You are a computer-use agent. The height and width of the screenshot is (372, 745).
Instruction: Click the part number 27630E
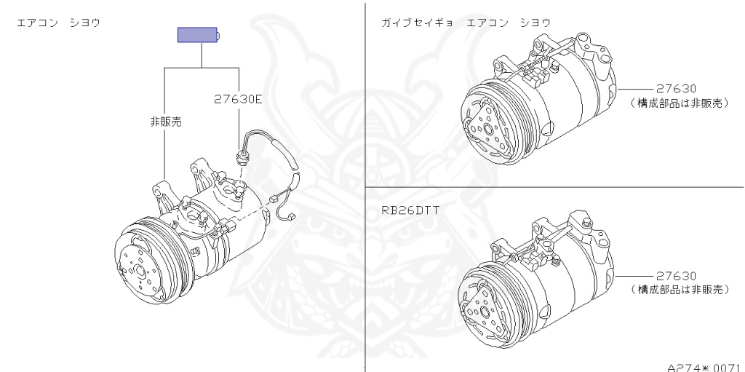[x=237, y=99]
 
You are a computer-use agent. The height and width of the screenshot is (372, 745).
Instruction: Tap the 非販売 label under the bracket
[x=165, y=122]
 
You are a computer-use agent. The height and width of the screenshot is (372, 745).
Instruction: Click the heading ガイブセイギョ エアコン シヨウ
[x=466, y=23]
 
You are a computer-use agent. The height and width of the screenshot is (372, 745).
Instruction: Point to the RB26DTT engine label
[x=410, y=210]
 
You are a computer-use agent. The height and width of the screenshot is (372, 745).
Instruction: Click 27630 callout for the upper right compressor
[x=676, y=88]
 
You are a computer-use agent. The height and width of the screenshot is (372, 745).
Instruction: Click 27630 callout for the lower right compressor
[x=676, y=276]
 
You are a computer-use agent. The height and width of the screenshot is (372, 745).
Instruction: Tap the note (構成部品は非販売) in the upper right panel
[x=679, y=103]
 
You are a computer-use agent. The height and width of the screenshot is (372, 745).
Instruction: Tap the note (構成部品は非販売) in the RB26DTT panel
[x=679, y=290]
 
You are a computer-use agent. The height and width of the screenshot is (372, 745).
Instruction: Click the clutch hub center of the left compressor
[x=138, y=271]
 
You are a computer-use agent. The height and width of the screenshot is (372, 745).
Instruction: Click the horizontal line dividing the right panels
[x=553, y=187]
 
